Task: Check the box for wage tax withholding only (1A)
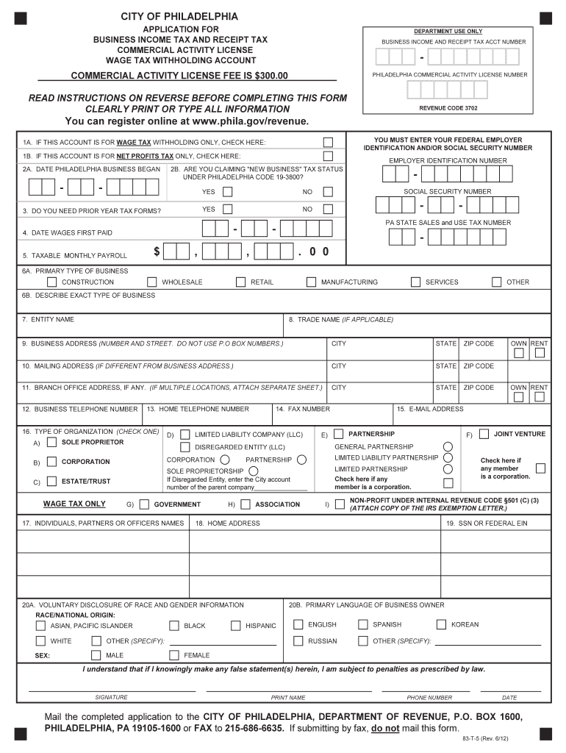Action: pos(328,142)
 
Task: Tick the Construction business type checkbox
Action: pos(51,282)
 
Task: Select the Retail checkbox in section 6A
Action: pos(240,282)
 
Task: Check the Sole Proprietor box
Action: pos(51,443)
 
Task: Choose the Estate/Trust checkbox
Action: pos(51,482)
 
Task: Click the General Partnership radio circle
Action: pos(447,446)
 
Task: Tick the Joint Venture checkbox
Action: pos(484,434)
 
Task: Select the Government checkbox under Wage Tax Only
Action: pos(144,504)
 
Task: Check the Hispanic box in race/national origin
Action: pos(235,626)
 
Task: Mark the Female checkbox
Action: pos(174,655)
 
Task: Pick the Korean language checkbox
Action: pos(441,624)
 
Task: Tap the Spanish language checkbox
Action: pos(362,624)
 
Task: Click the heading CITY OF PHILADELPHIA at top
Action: pos(179,16)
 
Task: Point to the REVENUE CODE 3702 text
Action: pos(448,107)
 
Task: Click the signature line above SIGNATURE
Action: pos(111,690)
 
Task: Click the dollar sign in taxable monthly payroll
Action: pos(157,252)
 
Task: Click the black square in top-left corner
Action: pos(21,18)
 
